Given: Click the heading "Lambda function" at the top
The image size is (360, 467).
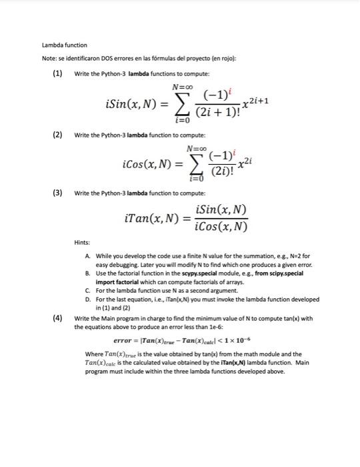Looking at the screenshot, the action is [x=65, y=45].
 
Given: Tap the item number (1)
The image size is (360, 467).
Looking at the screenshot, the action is [x=57, y=72].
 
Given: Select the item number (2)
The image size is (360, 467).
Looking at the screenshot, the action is [x=57, y=135].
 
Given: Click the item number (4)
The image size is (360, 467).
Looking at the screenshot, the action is [x=57, y=319].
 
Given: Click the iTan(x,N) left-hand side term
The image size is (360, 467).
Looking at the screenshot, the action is [x=149, y=217].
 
